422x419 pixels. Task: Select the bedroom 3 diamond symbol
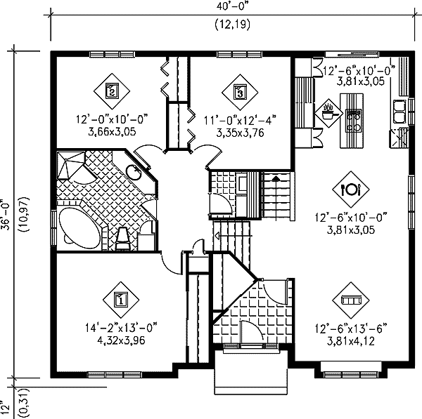click(x=240, y=91)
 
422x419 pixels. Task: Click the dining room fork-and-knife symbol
click(x=350, y=188)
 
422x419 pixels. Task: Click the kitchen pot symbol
click(x=328, y=110)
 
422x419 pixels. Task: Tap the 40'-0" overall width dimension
click(x=235, y=8)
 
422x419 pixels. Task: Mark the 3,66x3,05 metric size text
click(x=113, y=131)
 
